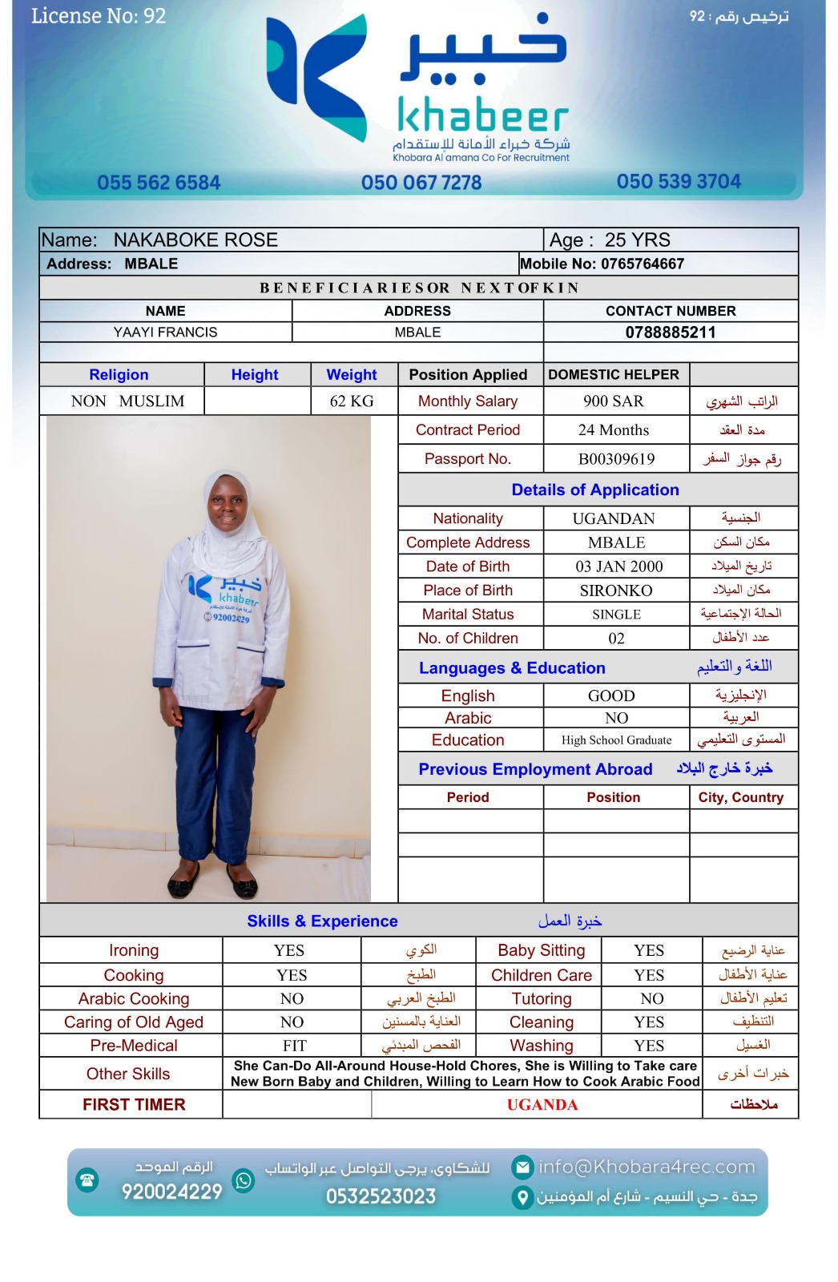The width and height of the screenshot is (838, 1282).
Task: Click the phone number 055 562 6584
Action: (x=159, y=183)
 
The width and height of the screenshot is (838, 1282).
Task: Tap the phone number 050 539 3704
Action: (x=679, y=182)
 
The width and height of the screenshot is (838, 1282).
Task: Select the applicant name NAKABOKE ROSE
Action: (x=195, y=240)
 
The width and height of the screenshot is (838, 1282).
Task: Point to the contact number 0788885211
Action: (x=671, y=333)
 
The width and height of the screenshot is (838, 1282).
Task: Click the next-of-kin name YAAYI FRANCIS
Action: (x=165, y=333)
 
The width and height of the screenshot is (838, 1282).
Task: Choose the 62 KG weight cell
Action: (x=352, y=401)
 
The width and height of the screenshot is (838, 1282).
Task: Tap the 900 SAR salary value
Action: (x=614, y=401)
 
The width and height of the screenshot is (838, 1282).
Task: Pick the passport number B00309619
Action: (x=616, y=459)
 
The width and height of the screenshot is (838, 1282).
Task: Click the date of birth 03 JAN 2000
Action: (x=618, y=566)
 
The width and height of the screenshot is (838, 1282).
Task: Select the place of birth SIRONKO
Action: (x=615, y=591)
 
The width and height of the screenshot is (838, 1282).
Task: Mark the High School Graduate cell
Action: (x=616, y=740)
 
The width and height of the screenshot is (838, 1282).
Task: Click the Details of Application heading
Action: (x=595, y=490)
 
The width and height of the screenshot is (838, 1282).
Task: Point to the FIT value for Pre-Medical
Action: (x=294, y=1046)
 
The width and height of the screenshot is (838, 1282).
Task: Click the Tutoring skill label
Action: (x=542, y=999)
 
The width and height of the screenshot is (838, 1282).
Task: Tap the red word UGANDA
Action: (x=542, y=1105)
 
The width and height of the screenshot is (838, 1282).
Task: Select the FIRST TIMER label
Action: (x=134, y=1105)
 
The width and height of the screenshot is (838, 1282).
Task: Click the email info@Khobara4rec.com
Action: (x=646, y=1167)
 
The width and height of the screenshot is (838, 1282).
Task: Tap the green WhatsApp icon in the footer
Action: (x=244, y=1180)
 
